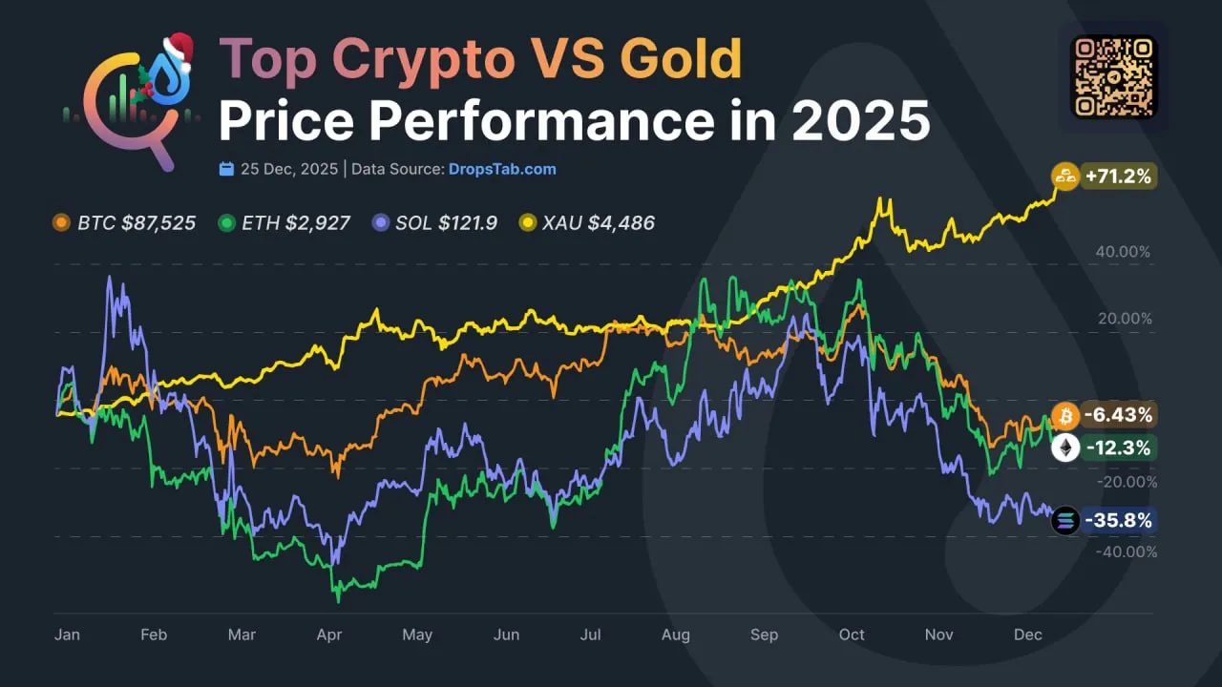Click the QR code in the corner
click(x=1113, y=76)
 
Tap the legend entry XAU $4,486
click(x=586, y=223)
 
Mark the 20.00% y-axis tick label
click(x=1125, y=319)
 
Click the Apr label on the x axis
click(x=329, y=635)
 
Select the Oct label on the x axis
click(x=852, y=635)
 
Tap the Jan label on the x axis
click(x=67, y=635)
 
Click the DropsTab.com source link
click(x=502, y=169)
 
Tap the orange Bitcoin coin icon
click(x=1065, y=415)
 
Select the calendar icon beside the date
click(x=226, y=169)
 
